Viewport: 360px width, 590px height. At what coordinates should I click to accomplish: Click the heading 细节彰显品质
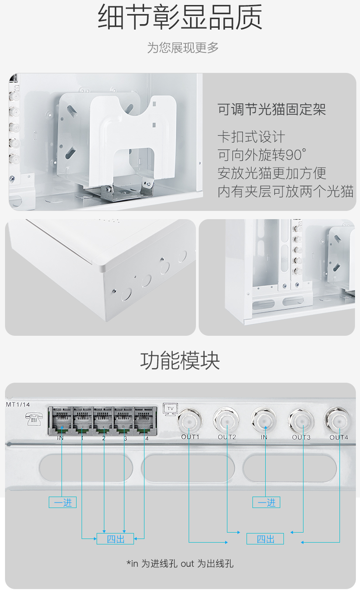180,17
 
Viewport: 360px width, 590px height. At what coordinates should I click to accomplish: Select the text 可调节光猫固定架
272,110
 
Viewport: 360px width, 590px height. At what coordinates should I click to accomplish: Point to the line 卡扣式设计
251,137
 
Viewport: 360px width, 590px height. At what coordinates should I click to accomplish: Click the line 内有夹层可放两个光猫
285,191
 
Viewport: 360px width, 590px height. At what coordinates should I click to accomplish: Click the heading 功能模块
180,361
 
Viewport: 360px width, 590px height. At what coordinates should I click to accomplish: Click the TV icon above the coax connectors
170,409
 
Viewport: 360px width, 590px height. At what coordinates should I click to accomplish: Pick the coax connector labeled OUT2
226,420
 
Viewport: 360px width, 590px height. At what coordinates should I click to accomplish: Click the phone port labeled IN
61,420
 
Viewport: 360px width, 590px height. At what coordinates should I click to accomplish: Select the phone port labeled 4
145,420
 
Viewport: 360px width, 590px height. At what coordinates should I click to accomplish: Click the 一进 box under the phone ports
63,503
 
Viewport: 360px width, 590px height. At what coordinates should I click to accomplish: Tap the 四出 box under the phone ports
115,539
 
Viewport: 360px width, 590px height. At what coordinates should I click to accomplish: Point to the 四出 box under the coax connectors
265,539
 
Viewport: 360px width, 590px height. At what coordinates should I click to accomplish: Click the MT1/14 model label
18,404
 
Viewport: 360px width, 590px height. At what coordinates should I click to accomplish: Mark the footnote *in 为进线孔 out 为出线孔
180,564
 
